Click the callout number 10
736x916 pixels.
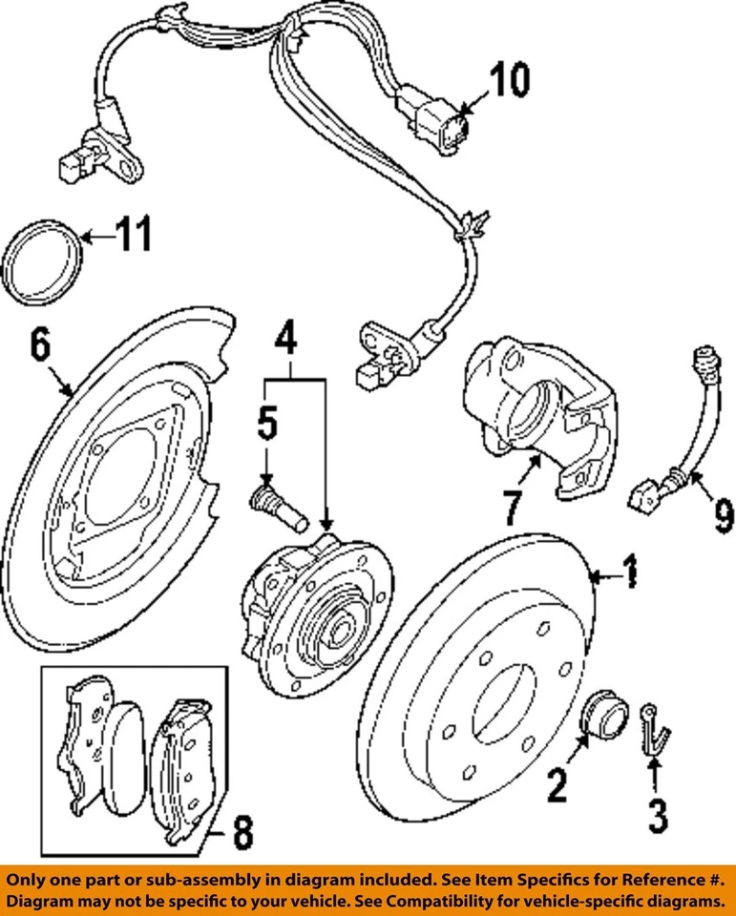click(x=509, y=82)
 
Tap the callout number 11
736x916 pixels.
click(x=133, y=234)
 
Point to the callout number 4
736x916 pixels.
click(x=287, y=338)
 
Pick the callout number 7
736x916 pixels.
click(x=513, y=510)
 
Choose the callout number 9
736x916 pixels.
click(x=724, y=518)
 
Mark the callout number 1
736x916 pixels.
click(x=630, y=574)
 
